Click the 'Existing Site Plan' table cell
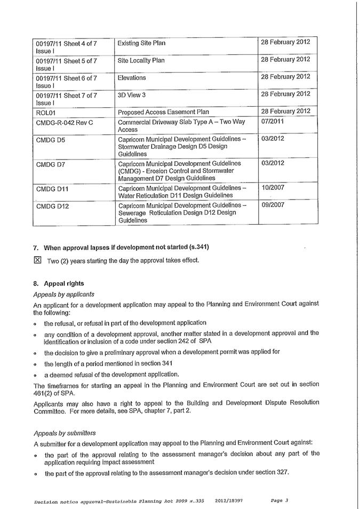coord(141,43)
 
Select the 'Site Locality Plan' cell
coord(141,61)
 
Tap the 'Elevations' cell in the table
coord(132,78)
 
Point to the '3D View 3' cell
coord(132,95)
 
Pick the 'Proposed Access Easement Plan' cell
coord(163,112)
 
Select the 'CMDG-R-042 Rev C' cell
coord(64,123)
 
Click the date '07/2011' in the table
coord(273,122)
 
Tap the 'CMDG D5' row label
coord(51,140)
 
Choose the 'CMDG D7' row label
coord(51,164)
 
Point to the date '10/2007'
coord(273,188)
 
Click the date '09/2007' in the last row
coord(273,205)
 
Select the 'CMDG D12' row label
coord(53,206)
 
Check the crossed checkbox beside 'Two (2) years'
coord(37,260)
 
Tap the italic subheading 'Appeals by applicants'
coord(64,294)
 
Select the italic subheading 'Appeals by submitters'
coord(65,433)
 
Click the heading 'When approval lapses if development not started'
coord(126,247)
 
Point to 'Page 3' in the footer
coord(279,500)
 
